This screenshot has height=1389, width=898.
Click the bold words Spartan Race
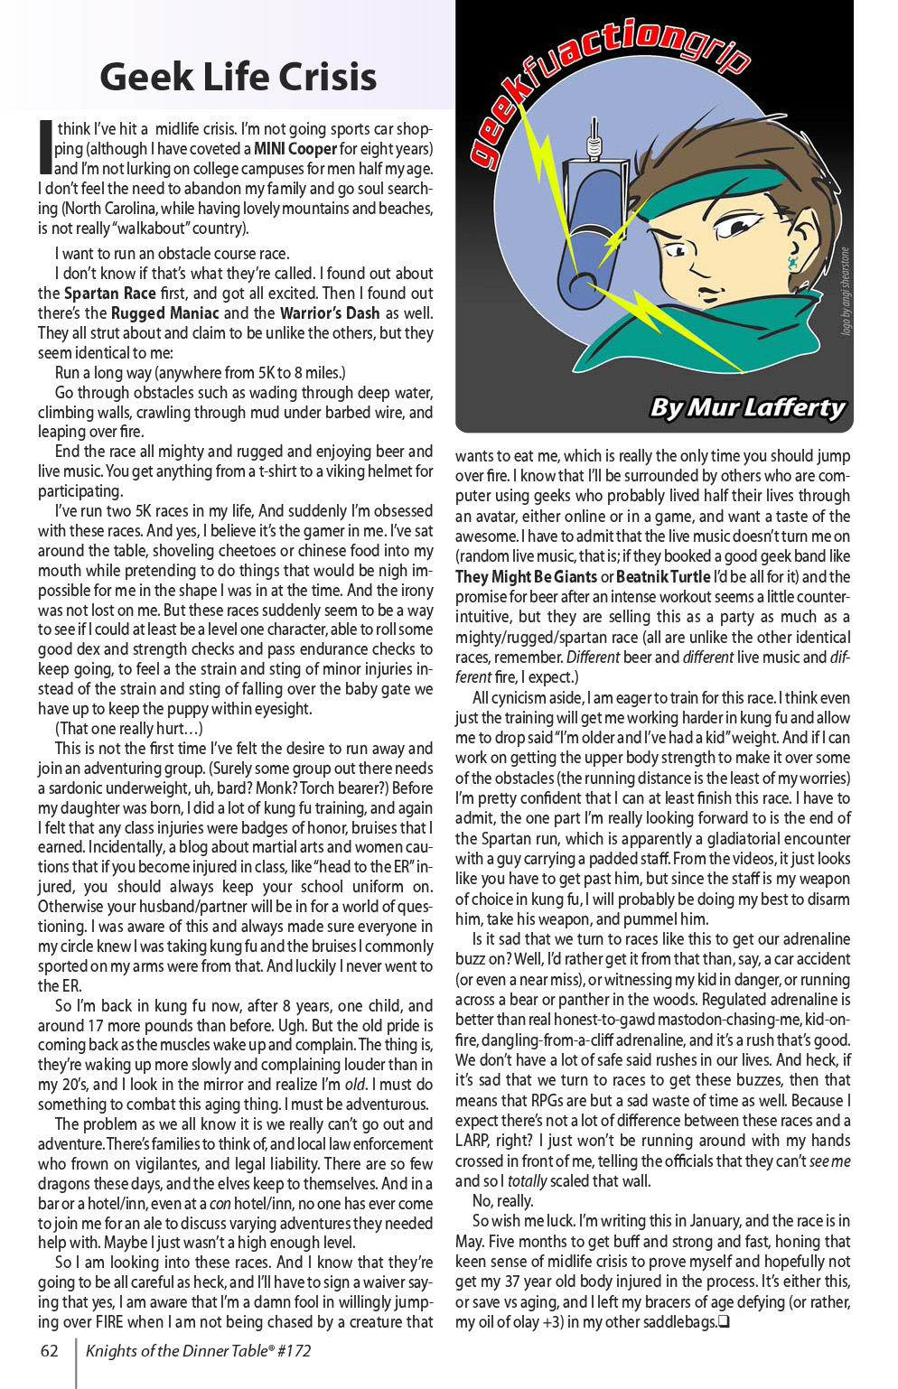click(x=109, y=294)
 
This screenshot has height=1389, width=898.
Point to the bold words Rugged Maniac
click(x=164, y=313)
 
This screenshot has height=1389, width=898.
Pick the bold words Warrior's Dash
click(x=330, y=313)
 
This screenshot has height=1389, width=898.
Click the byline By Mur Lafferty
click(x=747, y=407)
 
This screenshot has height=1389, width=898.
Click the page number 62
click(x=50, y=1351)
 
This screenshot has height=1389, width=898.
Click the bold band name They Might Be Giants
click(x=526, y=577)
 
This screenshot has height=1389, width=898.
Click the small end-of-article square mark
click(x=724, y=1323)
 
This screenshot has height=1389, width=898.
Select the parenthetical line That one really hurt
click(x=128, y=729)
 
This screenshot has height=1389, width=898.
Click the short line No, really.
click(x=502, y=1201)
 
